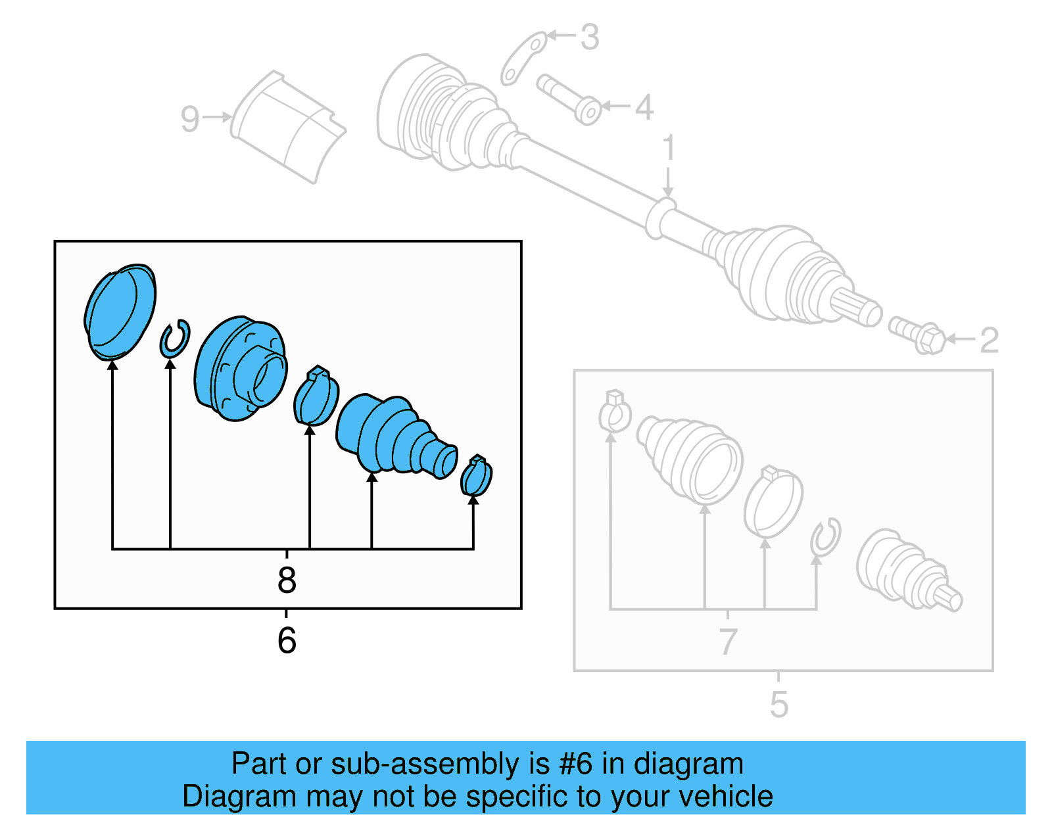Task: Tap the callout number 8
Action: coord(287,580)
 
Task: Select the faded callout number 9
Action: coord(190,119)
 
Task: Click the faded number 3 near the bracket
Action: coord(590,37)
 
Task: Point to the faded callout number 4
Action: coord(644,107)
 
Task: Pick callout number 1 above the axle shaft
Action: coord(669,148)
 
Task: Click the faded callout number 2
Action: coord(989,340)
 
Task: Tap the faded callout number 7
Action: coord(728,641)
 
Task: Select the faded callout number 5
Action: coord(778,705)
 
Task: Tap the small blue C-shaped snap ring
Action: coord(175,339)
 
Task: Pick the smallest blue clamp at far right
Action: coord(477,476)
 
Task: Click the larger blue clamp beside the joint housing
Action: coord(316,398)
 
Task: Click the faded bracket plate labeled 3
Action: coord(523,58)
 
